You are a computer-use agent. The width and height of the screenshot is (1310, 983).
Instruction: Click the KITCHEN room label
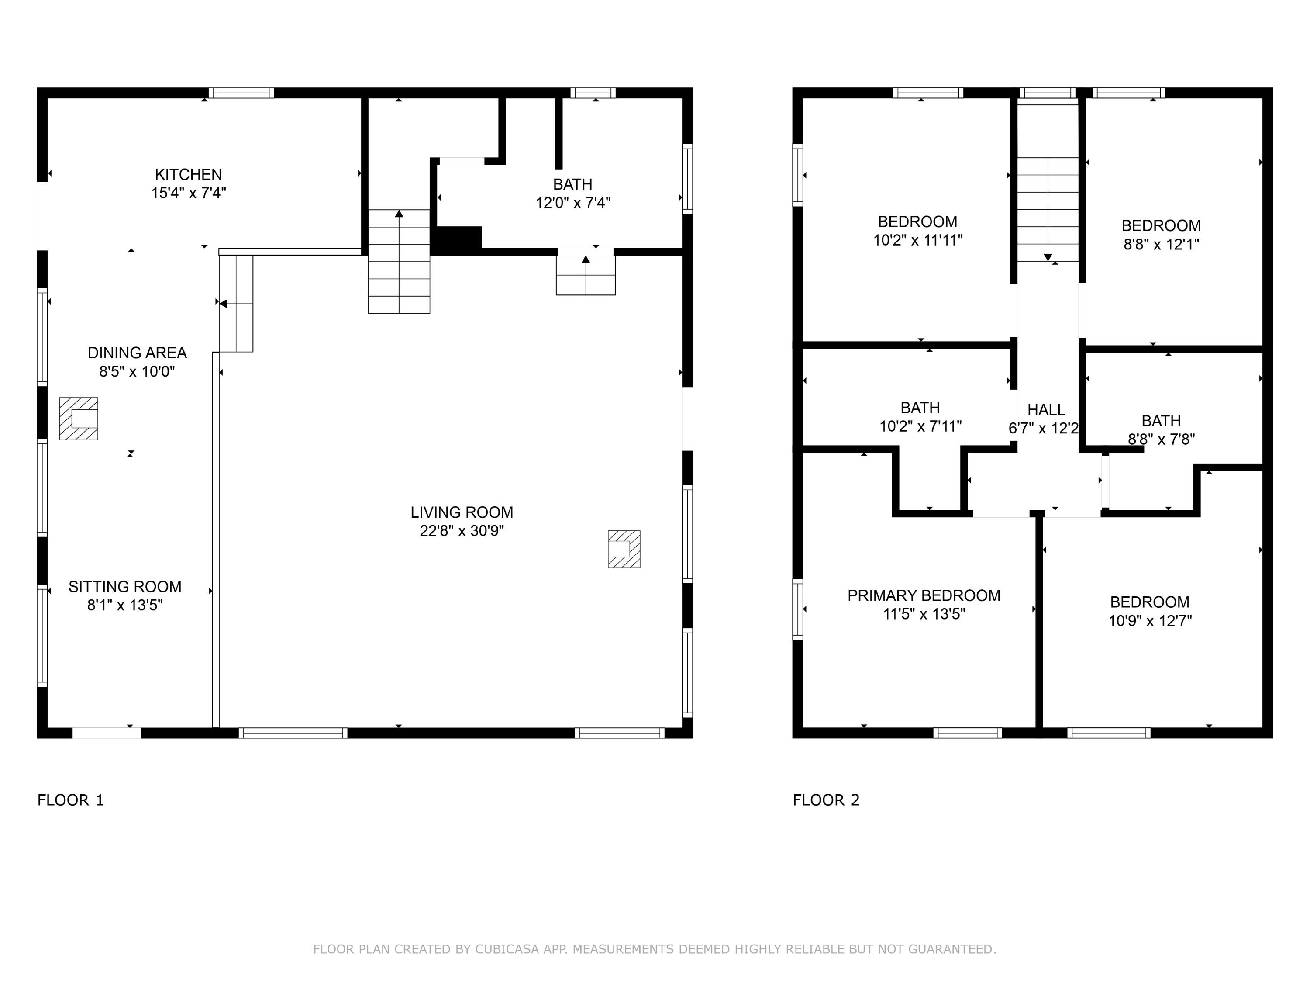188,175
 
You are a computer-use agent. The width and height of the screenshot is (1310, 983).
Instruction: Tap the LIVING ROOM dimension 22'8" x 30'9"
462,531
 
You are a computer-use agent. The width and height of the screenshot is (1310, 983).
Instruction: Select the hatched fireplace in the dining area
79,419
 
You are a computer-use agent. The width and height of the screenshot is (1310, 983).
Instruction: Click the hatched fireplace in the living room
624,549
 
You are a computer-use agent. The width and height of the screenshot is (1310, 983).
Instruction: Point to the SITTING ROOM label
125,587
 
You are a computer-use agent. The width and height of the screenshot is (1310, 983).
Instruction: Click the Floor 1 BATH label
572,184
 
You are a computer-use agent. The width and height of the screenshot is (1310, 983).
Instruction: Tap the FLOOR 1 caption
70,800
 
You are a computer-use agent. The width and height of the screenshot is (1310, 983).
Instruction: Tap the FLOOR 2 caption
826,800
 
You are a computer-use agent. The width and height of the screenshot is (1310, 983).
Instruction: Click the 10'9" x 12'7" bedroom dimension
1149,621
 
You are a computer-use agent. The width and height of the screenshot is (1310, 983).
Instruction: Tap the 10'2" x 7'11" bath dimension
920,426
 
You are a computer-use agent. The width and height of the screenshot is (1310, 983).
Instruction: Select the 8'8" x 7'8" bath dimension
1161,440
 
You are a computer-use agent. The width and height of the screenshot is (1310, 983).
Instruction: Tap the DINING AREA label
138,353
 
